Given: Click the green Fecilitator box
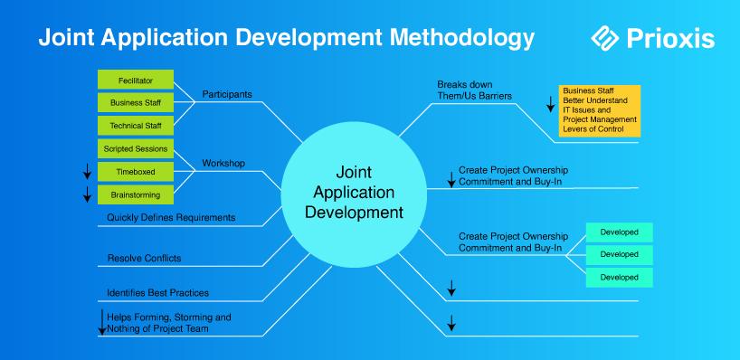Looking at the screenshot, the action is (x=136, y=80).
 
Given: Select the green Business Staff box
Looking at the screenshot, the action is (x=136, y=102).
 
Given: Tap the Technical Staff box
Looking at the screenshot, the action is (x=136, y=126).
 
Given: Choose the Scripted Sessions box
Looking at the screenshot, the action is (x=136, y=148).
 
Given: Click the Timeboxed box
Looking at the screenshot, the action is (x=136, y=172).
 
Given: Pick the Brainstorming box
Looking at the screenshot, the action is (x=136, y=194).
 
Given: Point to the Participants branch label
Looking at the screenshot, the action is (x=227, y=94).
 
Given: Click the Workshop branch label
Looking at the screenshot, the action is (x=223, y=163).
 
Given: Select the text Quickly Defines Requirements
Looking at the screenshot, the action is (x=171, y=217).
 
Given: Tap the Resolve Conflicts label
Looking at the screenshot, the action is (x=144, y=258).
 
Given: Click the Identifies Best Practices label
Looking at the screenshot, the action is (x=157, y=293).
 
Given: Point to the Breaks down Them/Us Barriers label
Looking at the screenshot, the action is (x=474, y=90).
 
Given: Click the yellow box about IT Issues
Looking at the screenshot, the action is (x=600, y=111).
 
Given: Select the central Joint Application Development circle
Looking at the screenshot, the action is (x=354, y=194).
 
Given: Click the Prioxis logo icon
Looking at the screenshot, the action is (x=604, y=38).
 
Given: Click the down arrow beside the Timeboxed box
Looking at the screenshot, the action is (x=87, y=171).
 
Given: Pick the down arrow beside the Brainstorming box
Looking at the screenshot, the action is (x=87, y=194).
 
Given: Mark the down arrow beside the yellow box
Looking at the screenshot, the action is (x=550, y=104).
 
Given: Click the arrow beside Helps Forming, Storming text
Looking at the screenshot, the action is (x=102, y=322).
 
